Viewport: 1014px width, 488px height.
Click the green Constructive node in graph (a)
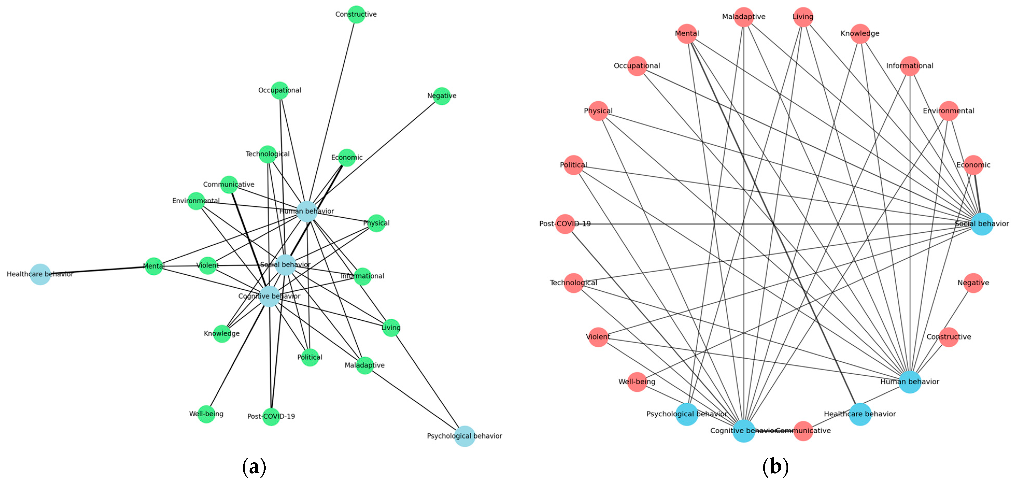pyautogui.click(x=356, y=15)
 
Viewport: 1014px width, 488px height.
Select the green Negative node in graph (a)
pyautogui.click(x=442, y=96)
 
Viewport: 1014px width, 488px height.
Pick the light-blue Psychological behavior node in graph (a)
pyautogui.click(x=464, y=436)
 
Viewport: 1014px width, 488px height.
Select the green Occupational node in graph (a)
pyautogui.click(x=280, y=90)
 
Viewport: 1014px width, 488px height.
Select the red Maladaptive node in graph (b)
pyautogui.click(x=743, y=17)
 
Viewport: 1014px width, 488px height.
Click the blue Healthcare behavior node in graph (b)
pyautogui.click(x=860, y=414)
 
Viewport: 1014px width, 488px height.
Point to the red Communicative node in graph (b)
pyautogui.click(x=803, y=430)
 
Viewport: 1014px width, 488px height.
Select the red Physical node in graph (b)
pyautogui.click(x=598, y=111)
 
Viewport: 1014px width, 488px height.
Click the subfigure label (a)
pyautogui.click(x=254, y=467)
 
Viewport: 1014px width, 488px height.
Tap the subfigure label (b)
pyautogui.click(x=775, y=467)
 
